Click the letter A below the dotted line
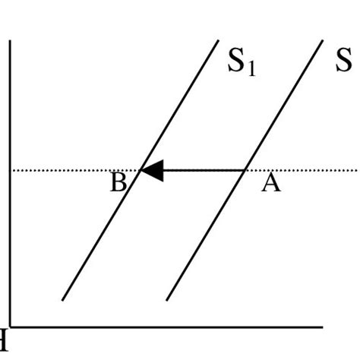tap(270, 183)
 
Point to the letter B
tap(118, 184)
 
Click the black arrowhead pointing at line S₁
tap(152, 170)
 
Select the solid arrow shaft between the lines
tap(201, 170)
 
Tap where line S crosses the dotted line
tap(243, 170)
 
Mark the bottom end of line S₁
tap(62, 300)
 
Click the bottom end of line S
tap(167, 300)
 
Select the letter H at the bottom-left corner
tap(3, 342)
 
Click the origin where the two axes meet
tap(10, 327)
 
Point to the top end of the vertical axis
tap(10, 42)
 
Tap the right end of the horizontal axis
tap(323, 327)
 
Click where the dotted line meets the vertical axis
tap(11, 170)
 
